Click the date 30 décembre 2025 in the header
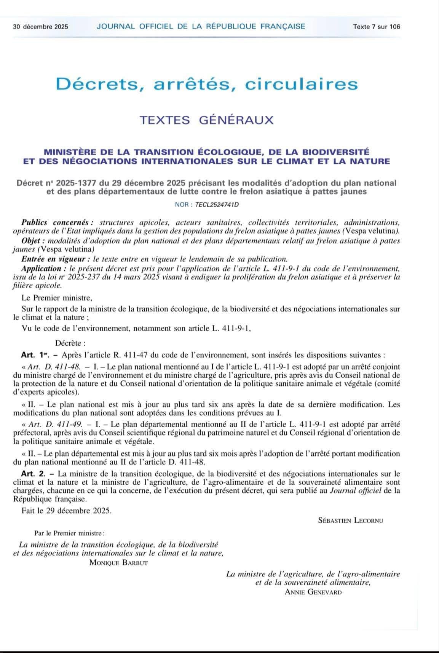40,27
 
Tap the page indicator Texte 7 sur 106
376,27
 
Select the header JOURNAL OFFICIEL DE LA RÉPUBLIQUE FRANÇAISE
201,26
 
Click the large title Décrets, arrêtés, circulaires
207,84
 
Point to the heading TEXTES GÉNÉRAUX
207,120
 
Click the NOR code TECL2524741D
217,204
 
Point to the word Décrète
70,343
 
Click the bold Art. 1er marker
37,355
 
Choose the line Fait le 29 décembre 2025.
67,511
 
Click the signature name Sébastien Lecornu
350,520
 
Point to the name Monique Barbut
118,562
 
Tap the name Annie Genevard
313,592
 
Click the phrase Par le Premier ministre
69,533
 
